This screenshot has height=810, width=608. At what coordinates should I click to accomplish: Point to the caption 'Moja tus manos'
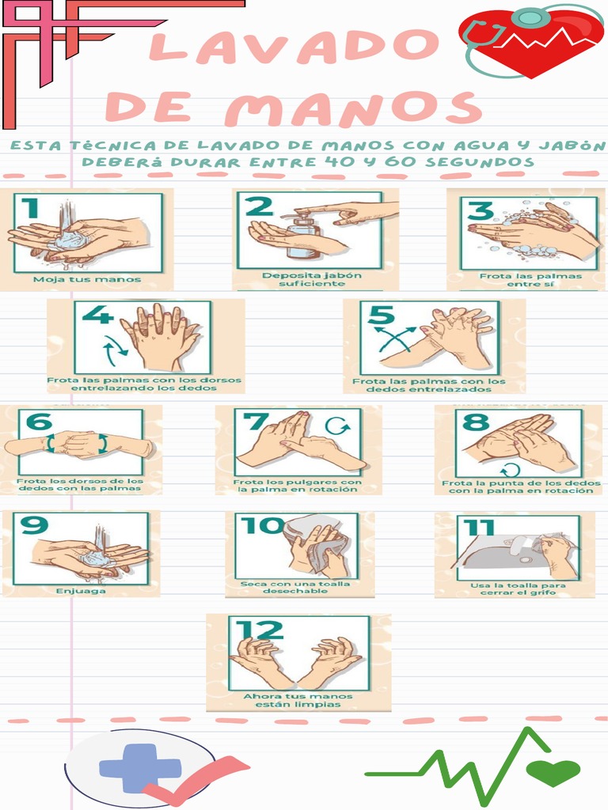click(x=87, y=279)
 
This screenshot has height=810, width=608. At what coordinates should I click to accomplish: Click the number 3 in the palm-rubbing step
click(x=481, y=210)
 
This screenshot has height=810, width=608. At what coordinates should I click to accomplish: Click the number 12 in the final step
click(x=260, y=630)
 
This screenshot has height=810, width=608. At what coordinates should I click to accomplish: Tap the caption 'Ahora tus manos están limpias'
click(x=298, y=700)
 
